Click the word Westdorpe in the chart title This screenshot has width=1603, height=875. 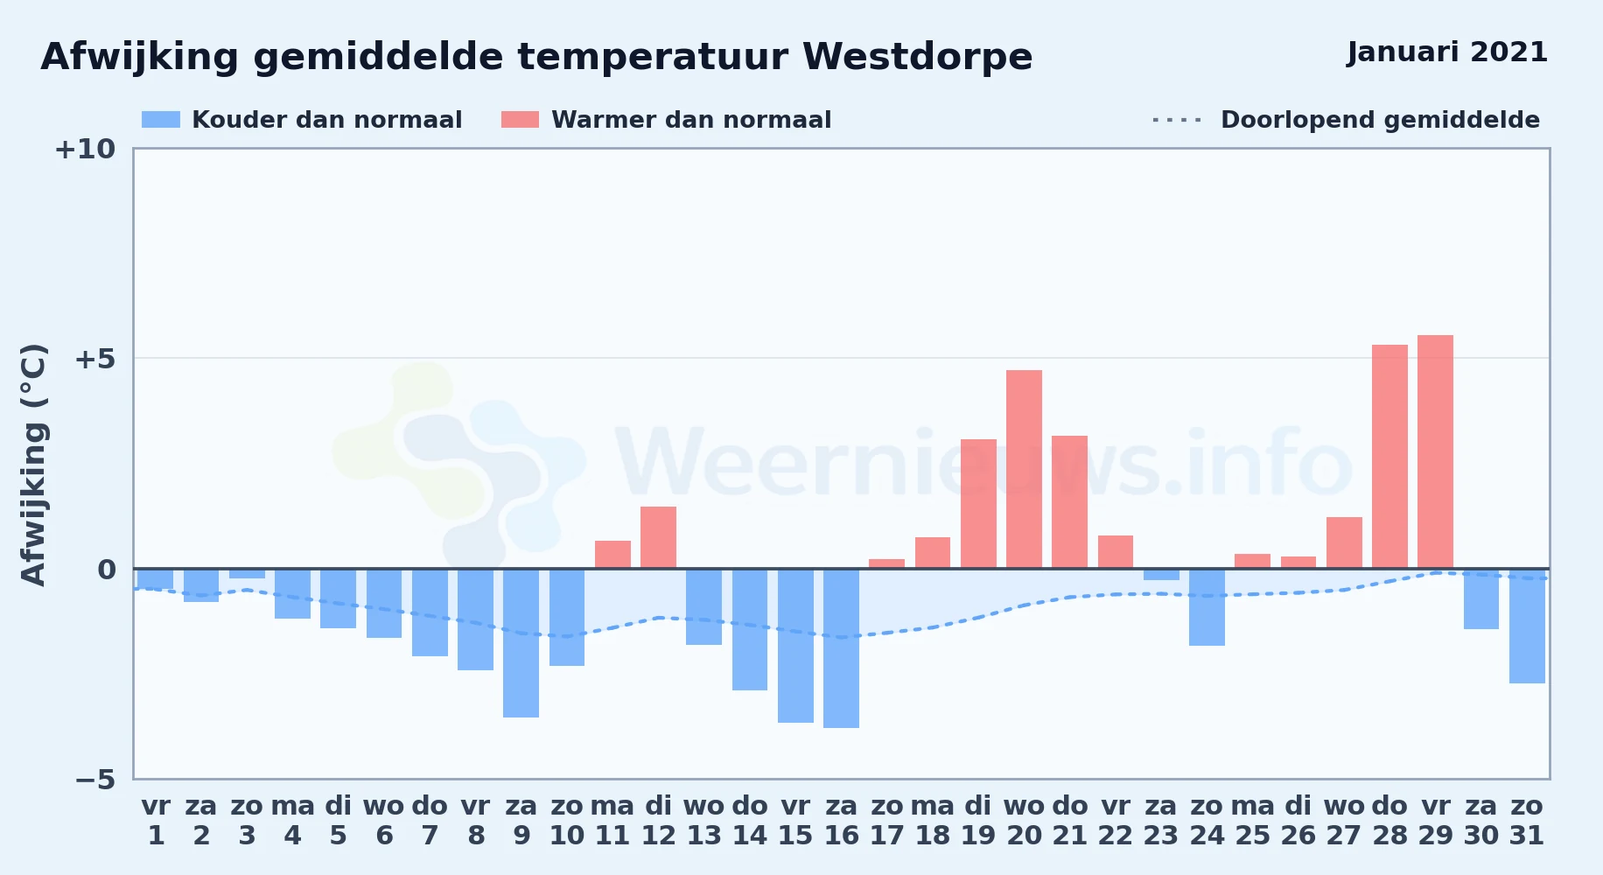[918, 57]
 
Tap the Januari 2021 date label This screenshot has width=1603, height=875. [1447, 52]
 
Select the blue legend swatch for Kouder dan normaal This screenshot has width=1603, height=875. [161, 120]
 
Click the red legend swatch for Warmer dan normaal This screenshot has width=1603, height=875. [520, 120]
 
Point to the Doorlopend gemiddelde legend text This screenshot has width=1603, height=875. [1380, 120]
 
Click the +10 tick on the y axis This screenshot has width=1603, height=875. [86, 149]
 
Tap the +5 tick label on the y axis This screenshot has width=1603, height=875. [95, 359]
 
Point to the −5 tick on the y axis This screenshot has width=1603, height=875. [95, 779]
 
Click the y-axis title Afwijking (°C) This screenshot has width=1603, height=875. [33, 465]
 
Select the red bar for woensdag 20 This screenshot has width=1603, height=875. [1024, 469]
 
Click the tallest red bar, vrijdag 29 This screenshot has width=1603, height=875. [1435, 451]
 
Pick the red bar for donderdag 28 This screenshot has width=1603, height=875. [1389, 457]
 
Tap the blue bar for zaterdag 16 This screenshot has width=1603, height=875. [841, 648]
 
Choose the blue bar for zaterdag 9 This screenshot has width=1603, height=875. [521, 643]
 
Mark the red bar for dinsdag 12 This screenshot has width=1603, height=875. [658, 537]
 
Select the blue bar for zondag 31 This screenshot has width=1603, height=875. [1527, 626]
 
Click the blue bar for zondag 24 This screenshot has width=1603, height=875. [1207, 607]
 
